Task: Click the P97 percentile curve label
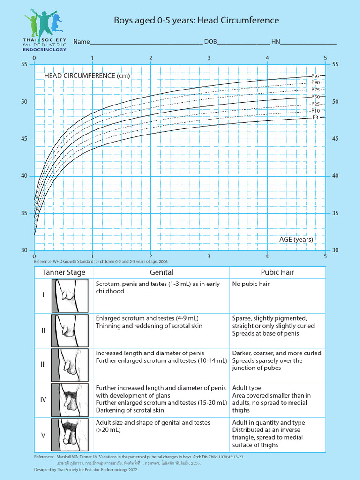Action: pos(315,76)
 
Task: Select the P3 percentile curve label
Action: pos(316,118)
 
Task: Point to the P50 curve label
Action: pos(315,97)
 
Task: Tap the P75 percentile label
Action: pos(315,90)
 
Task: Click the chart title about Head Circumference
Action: pos(197,20)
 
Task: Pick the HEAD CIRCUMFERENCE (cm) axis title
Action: pos(87,75)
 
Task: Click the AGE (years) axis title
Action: pos(296,239)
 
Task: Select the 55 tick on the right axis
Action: pos(335,64)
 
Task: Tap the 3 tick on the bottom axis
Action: pos(209,256)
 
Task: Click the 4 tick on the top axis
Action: pos(267,58)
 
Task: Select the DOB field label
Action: pos(210,42)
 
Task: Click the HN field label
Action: pos(276,42)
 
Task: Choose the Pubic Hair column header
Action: pos(277,272)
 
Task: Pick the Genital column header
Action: pos(162,272)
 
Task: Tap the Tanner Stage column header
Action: pos(64,272)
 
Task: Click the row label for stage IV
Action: pos(43,400)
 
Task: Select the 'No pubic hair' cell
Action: pos(251,284)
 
